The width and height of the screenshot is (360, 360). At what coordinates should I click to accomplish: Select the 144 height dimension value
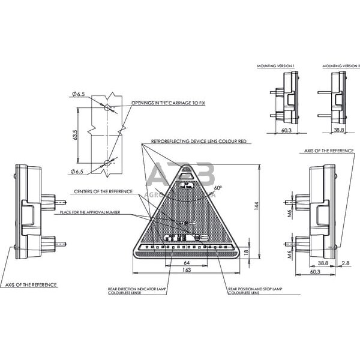pos(257,206)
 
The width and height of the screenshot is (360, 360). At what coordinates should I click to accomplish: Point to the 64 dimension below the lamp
pos(187,262)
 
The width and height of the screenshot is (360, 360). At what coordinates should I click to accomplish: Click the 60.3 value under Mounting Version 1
pos(286,130)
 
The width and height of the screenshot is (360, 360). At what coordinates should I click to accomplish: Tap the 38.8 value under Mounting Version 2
pos(338,130)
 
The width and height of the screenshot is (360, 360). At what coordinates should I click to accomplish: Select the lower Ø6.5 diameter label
pos(77,172)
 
